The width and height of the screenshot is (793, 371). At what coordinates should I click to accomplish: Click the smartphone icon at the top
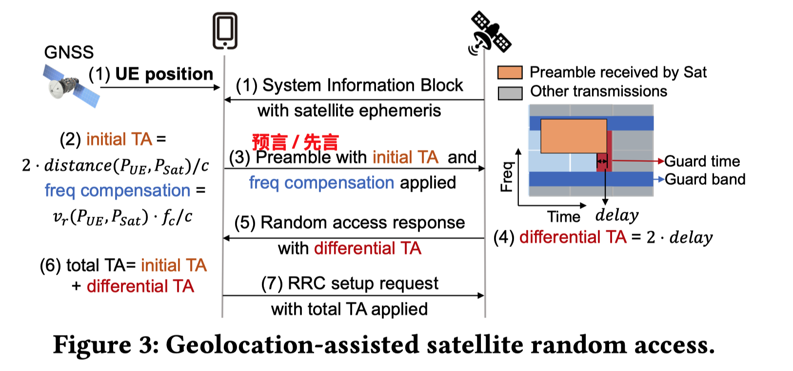(x=225, y=31)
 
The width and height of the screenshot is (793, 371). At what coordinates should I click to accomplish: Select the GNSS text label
(x=69, y=53)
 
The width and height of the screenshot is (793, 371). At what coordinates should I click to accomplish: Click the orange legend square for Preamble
(x=510, y=73)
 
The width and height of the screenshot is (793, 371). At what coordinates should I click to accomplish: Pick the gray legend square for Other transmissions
(x=510, y=93)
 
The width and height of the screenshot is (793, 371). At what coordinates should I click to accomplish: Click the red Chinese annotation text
(x=295, y=142)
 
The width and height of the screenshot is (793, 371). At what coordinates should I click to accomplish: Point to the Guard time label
(x=702, y=161)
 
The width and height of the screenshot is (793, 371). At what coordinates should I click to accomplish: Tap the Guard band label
(x=705, y=179)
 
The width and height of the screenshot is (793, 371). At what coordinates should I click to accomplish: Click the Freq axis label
(x=507, y=176)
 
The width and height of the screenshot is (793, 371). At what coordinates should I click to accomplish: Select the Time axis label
(x=563, y=216)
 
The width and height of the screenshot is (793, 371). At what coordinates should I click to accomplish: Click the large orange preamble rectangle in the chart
(x=574, y=136)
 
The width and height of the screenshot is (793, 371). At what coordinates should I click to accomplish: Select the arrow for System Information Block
(x=354, y=100)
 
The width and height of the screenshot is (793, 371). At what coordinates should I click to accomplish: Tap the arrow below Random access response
(x=354, y=238)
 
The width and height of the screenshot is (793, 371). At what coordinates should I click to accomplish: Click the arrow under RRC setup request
(x=354, y=295)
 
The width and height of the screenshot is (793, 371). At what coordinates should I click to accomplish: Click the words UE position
(x=164, y=74)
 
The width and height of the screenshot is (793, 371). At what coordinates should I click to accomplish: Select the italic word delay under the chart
(x=617, y=215)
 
